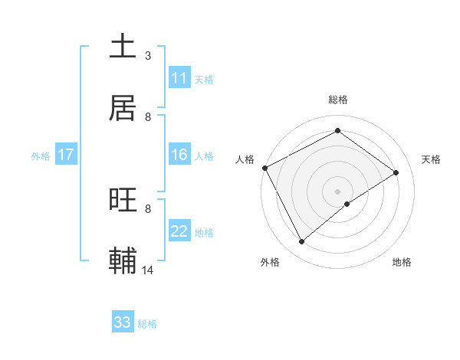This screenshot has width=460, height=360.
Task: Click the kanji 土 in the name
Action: [x=123, y=47]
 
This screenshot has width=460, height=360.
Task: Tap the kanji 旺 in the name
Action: [x=123, y=201]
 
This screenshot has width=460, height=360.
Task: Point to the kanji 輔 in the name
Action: [x=123, y=260]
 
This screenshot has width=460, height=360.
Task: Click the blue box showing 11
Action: [x=179, y=78]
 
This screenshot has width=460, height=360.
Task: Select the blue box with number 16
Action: [x=179, y=155]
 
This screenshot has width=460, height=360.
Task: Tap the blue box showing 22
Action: [x=179, y=231]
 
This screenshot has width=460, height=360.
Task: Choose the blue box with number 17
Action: [x=66, y=155]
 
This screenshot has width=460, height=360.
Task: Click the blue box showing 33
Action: [x=123, y=322]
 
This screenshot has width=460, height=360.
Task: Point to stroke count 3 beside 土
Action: [x=148, y=56]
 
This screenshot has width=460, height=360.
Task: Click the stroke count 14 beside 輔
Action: [x=148, y=270]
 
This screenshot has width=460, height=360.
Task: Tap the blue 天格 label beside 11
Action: [x=204, y=79]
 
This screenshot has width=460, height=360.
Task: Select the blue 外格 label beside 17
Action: [x=41, y=155]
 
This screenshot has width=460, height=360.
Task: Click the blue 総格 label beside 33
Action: [x=147, y=323]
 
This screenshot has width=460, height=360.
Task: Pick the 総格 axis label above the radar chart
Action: [x=338, y=100]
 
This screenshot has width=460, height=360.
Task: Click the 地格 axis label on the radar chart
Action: [x=402, y=262]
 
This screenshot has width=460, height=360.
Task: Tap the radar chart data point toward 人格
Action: [x=264, y=168]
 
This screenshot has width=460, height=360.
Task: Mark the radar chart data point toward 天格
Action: [x=396, y=172]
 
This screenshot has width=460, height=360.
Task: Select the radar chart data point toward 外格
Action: [x=301, y=242]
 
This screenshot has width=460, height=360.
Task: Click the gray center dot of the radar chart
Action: [x=338, y=191]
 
